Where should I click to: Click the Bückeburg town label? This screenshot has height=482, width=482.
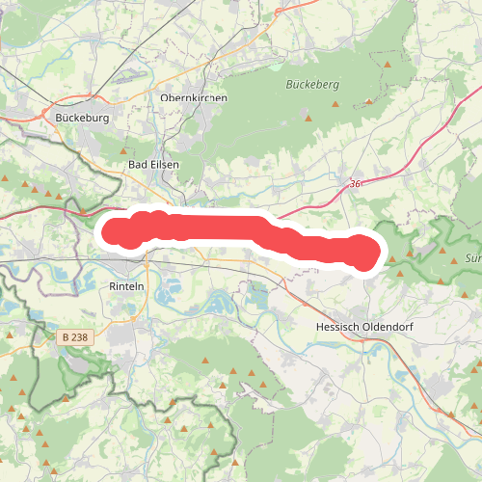(x=84, y=118)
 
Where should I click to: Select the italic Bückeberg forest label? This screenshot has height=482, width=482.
(x=313, y=85)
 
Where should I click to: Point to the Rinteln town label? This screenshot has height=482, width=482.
(x=127, y=286)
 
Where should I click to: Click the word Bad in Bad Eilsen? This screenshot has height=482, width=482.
(x=139, y=165)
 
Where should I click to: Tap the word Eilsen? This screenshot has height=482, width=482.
(x=164, y=165)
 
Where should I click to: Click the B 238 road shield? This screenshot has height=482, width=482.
(x=71, y=337)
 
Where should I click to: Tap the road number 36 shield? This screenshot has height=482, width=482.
(x=356, y=183)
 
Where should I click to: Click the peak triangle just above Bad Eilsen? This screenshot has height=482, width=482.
(x=124, y=151)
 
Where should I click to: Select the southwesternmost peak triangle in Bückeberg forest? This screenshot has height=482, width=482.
(x=308, y=118)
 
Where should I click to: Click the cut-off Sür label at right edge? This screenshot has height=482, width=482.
(x=473, y=258)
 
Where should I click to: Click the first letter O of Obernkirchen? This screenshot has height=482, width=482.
(x=165, y=98)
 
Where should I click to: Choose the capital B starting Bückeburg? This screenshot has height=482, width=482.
(x=60, y=118)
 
